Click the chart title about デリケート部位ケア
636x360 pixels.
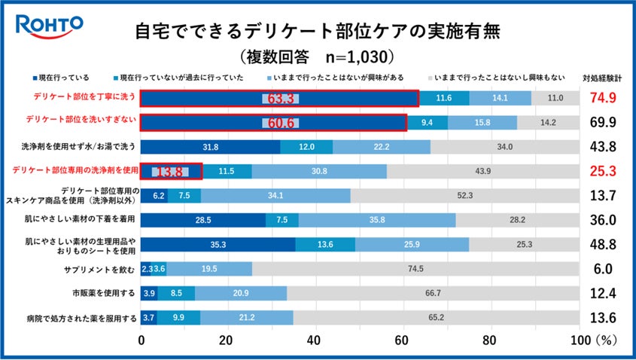pyautogui.click(x=317, y=32)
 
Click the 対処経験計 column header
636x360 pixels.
pyautogui.click(x=602, y=78)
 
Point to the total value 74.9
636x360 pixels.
pyautogui.click(x=602, y=98)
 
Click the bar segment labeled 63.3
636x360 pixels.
pyautogui.click(x=279, y=98)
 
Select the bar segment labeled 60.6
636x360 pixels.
pyautogui.click(x=273, y=122)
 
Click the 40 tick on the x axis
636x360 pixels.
pyautogui.click(x=315, y=340)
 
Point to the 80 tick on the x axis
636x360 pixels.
pyautogui.click(x=491, y=340)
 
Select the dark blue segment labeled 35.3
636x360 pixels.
pyautogui.click(x=218, y=244)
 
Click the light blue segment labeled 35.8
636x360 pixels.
pyautogui.click(x=377, y=220)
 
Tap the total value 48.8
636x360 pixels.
pyautogui.click(x=602, y=244)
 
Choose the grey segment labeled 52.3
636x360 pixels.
pyautogui.click(x=465, y=195)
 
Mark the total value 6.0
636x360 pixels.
pyautogui.click(x=602, y=269)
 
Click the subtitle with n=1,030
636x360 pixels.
pyautogui.click(x=317, y=56)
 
